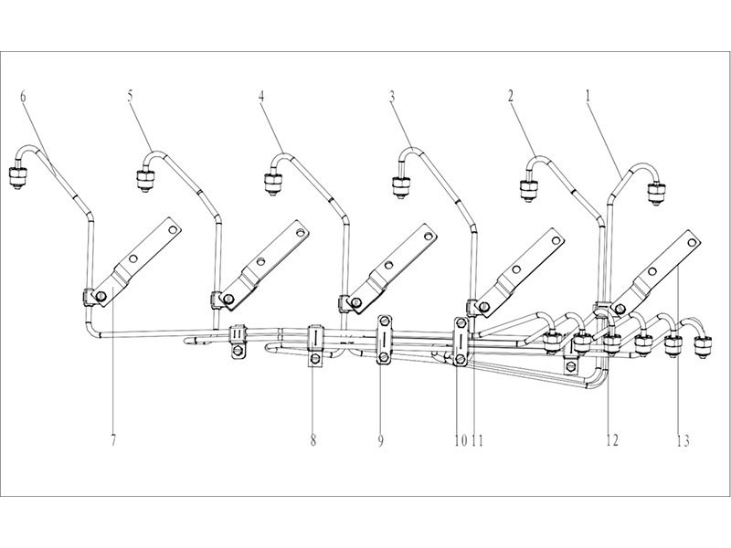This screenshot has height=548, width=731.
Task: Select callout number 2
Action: [x=511, y=94]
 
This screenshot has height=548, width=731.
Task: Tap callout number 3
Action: [x=391, y=95]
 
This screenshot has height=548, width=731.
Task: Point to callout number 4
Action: [x=262, y=95]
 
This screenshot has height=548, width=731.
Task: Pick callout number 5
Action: [x=131, y=94]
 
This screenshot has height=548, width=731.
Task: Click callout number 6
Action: [x=23, y=94]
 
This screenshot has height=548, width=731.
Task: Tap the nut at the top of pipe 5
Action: [x=144, y=181]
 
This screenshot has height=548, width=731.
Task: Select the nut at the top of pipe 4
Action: [x=272, y=184]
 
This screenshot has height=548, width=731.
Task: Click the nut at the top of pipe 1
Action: [x=654, y=192]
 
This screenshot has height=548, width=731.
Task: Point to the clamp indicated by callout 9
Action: [x=384, y=339]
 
